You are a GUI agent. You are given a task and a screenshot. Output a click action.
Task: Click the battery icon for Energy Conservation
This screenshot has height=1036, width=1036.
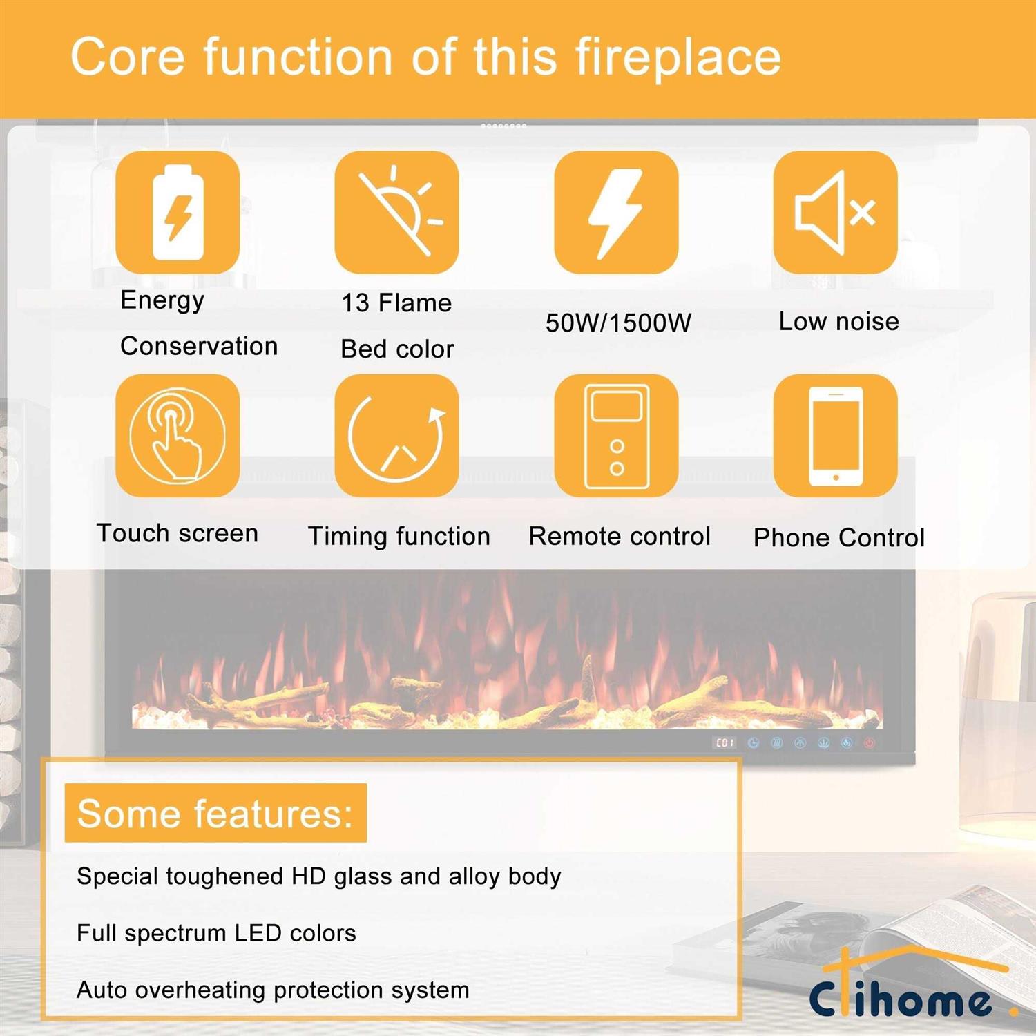pos(178,213)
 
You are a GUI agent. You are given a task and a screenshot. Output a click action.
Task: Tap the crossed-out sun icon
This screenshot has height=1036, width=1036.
pos(397,213)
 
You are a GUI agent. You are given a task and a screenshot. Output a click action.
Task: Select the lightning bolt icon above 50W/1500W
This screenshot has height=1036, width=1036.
pos(616,213)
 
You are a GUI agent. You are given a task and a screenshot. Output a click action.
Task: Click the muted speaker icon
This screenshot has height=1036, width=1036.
pos(836,213)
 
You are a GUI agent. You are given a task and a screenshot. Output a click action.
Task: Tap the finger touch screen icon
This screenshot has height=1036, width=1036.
pos(178,436)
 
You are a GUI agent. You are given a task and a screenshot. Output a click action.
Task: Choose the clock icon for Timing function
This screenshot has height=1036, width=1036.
pos(397,436)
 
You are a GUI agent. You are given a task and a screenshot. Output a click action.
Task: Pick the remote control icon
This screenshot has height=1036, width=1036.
pos(616,436)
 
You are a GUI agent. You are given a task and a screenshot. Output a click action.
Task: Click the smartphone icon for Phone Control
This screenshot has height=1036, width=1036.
pos(836,436)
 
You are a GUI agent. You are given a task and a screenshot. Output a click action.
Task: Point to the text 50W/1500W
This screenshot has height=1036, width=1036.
pos(618,323)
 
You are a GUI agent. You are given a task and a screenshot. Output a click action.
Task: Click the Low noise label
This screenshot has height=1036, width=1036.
pos(838,321)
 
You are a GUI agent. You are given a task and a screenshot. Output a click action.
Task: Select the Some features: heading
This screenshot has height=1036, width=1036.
pos(215,813)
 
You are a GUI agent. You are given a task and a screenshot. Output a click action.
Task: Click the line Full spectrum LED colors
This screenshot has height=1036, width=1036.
pos(216,933)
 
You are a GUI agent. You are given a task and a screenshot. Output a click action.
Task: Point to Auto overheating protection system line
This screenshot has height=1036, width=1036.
pos(273,990)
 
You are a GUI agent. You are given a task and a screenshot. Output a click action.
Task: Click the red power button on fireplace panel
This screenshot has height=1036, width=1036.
pos(869,743)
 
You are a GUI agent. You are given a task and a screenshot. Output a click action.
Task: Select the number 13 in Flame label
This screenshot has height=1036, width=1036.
pos(356,303)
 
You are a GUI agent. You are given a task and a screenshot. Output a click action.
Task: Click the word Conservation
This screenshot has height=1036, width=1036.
pos(199,346)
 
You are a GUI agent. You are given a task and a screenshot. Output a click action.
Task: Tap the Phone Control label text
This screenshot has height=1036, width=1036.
pos(839,537)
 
